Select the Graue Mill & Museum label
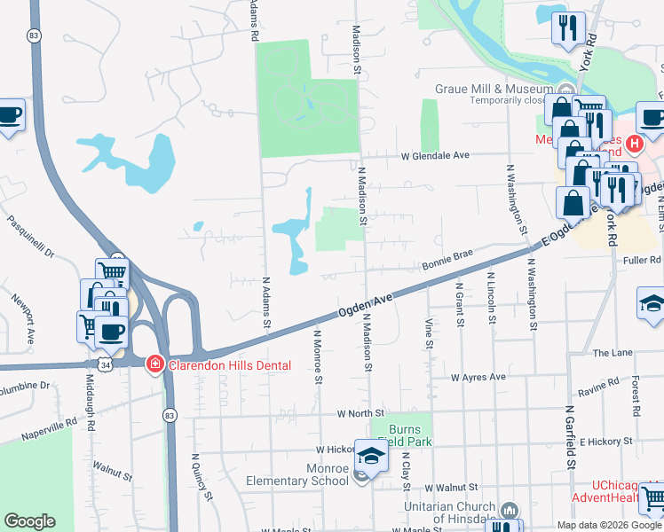pyautogui.click(x=493, y=89)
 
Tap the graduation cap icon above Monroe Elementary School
pyautogui.click(x=371, y=456)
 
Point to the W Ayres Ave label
pyautogui.click(x=478, y=377)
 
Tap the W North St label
pyautogui.click(x=360, y=413)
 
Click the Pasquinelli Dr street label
pyautogui.click(x=30, y=236)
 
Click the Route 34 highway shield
pyautogui.click(x=105, y=364)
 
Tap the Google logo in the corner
pyautogui.click(x=29, y=521)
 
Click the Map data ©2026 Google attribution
pyautogui.click(x=608, y=525)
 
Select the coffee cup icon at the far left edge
pyautogui.click(x=9, y=115)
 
